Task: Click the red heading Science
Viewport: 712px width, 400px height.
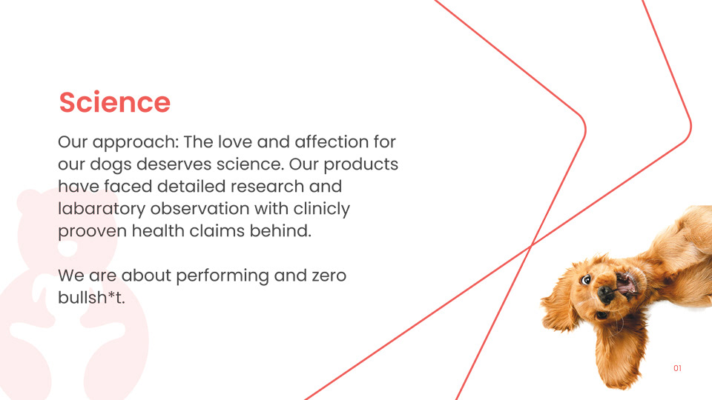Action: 114,102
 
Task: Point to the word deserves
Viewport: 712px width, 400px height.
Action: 174,164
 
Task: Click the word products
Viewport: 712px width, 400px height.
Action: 360,164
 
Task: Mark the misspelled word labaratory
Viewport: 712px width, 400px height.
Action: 102,209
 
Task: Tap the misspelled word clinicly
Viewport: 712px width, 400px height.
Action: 321,209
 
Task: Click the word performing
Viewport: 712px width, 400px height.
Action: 222,276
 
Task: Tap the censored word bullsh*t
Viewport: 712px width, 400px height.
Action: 91,298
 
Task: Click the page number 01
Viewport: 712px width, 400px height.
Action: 677,368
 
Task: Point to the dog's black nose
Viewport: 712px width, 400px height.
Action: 606,294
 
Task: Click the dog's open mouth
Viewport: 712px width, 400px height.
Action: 626,284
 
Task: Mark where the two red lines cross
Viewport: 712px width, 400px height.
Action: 531,246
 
